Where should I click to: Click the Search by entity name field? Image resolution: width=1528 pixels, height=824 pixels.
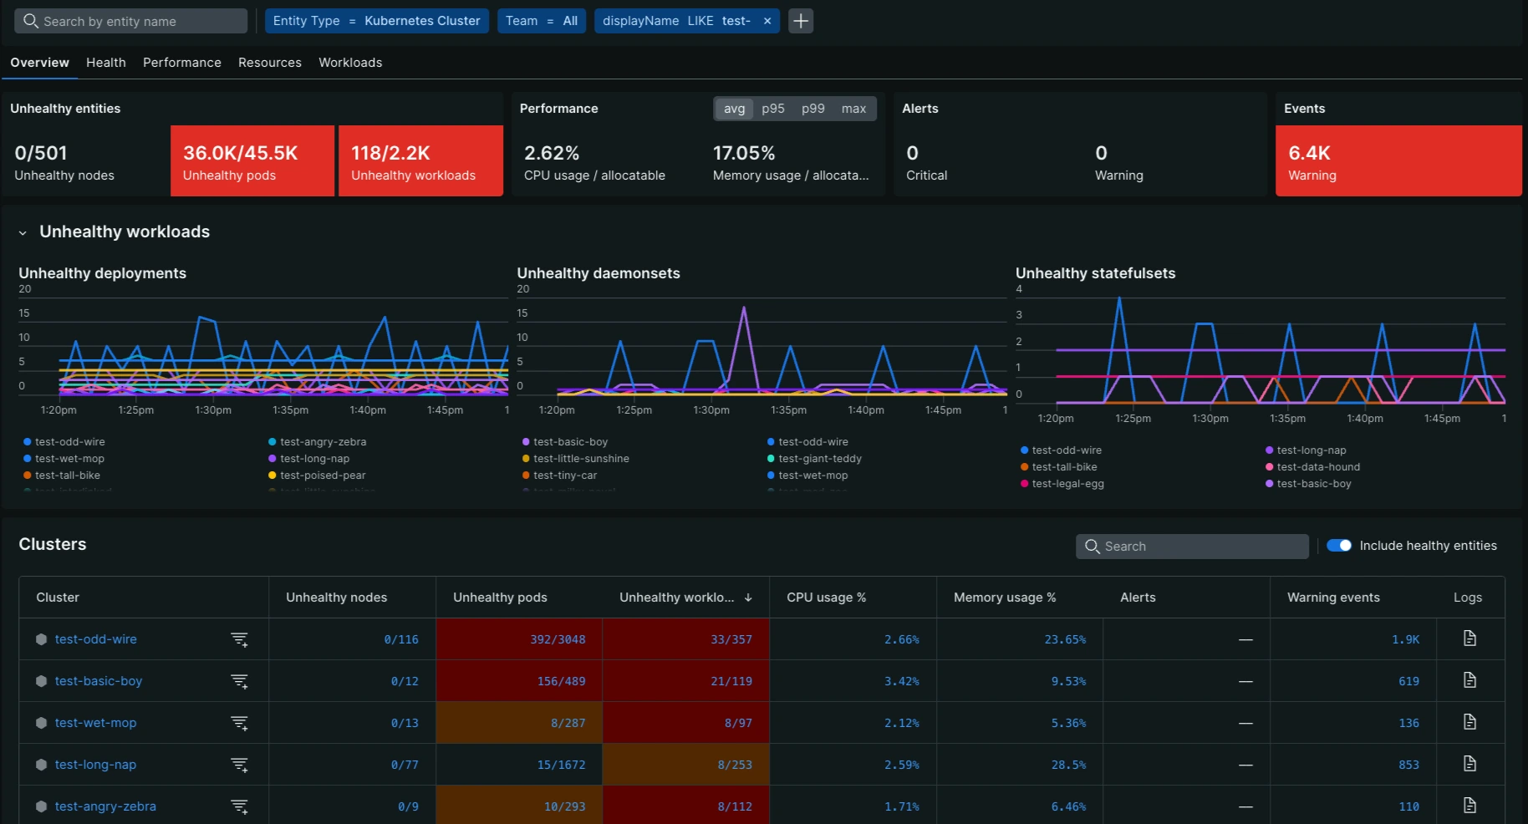click(134, 21)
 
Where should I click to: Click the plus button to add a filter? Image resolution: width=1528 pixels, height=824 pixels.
click(801, 21)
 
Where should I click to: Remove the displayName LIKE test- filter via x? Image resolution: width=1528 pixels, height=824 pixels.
click(767, 21)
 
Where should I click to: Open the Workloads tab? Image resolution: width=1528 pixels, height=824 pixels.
click(350, 63)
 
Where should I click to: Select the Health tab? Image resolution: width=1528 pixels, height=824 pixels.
click(106, 63)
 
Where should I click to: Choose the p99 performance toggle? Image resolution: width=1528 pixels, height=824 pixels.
click(812, 109)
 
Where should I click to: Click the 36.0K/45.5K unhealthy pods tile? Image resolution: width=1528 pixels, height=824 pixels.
click(252, 161)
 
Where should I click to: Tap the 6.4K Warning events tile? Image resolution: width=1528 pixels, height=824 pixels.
click(1398, 161)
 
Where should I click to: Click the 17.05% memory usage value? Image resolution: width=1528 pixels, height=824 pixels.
click(744, 153)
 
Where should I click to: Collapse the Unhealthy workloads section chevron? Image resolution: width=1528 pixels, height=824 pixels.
click(23, 233)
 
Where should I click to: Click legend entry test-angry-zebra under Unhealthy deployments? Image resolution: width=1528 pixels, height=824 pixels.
click(323, 442)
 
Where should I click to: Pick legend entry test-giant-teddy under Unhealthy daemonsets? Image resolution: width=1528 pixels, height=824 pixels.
click(819, 459)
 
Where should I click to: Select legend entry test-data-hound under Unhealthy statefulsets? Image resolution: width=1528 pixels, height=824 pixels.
click(1317, 467)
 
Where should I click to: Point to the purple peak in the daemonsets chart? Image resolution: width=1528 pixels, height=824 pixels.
click(743, 309)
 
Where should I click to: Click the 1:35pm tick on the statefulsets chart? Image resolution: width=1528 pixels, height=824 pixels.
click(1287, 419)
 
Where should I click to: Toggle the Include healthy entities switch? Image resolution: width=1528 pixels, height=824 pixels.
click(1339, 546)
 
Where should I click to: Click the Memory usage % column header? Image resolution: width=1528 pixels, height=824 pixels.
click(1004, 598)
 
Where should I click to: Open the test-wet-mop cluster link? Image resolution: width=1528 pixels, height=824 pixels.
click(95, 723)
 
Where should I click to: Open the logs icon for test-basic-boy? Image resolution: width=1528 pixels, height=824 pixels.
click(1469, 680)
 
